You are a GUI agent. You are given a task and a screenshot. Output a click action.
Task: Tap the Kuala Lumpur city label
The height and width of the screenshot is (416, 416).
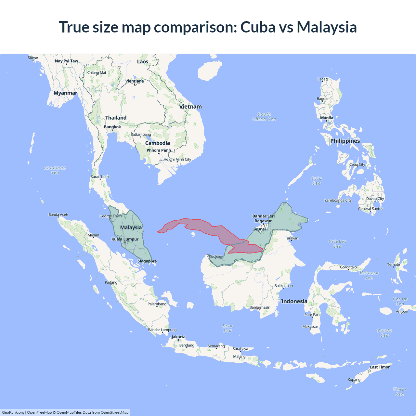[125, 239]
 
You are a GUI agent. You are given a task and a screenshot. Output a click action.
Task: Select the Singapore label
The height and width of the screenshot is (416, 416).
[147, 261]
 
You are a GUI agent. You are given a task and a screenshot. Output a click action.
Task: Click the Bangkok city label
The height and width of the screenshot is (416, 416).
[112, 127]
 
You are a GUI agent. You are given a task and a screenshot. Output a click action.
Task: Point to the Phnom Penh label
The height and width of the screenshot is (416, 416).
[159, 150]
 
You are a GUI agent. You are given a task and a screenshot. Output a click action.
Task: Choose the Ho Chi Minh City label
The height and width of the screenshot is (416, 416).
[177, 159]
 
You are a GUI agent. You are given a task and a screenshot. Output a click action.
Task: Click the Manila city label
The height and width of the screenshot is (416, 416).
[327, 118]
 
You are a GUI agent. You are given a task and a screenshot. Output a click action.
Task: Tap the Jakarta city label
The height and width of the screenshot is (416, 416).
[178, 337]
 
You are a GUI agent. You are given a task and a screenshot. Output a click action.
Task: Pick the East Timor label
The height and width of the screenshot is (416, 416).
[380, 367]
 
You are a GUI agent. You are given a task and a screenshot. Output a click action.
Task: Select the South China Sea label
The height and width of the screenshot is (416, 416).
[264, 117]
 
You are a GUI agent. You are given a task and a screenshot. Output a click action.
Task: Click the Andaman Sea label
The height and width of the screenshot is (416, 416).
[55, 170]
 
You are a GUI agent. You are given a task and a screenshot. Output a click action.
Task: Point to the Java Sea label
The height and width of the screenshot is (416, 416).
[227, 328]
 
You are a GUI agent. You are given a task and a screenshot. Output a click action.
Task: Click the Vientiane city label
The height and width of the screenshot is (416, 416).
[135, 81]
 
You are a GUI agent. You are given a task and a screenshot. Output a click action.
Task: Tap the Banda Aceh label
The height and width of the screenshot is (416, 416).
[58, 214]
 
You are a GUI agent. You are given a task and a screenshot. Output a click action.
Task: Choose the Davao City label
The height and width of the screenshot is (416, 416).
[375, 199]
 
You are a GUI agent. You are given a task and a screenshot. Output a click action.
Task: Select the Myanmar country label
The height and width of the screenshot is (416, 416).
[65, 93]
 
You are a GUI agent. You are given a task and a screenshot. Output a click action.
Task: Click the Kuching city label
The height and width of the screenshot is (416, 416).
[215, 256]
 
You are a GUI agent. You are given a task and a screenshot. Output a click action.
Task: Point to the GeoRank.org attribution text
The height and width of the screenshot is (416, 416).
[13, 412]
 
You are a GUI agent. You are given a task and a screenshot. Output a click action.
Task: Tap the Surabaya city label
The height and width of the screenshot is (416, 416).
[240, 349]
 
